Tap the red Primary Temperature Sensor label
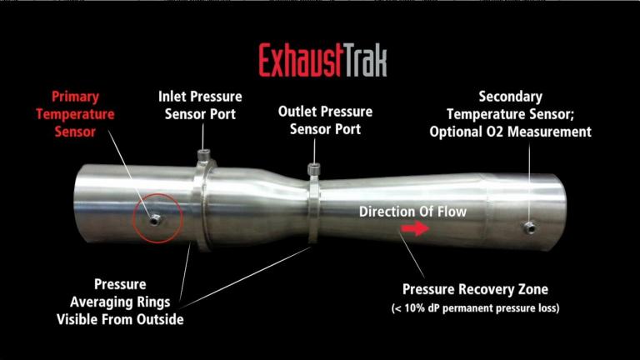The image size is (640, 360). point(83,113)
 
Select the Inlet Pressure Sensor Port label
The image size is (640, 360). point(201,102)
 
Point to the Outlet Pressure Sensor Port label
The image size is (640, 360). point(325,120)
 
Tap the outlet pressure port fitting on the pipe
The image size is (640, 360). point(314,169)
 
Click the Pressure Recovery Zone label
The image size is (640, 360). point(475,290)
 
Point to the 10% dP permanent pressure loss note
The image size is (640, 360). point(475,308)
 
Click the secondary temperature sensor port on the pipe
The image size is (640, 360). point(528,227)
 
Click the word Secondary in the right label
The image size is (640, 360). point(511,97)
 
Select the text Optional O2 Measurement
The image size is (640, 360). point(530,132)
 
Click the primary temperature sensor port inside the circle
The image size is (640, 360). point(155,219)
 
